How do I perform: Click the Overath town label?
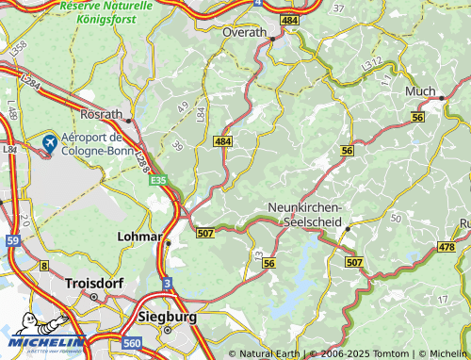pyautogui.click(x=245, y=31)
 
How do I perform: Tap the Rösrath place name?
pyautogui.click(x=101, y=114)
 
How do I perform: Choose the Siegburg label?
pyautogui.click(x=167, y=317)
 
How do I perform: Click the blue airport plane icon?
pyautogui.click(x=49, y=142)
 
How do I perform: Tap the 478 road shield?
pyautogui.click(x=446, y=247)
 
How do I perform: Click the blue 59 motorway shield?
pyautogui.click(x=12, y=240)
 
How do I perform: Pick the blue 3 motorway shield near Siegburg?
pyautogui.click(x=167, y=283)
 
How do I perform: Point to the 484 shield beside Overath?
pyautogui.click(x=288, y=20)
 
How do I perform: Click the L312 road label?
pyautogui.click(x=373, y=64)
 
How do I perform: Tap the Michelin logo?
pyautogui.click(x=42, y=343)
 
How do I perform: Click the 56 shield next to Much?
pyautogui.click(x=417, y=116)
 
